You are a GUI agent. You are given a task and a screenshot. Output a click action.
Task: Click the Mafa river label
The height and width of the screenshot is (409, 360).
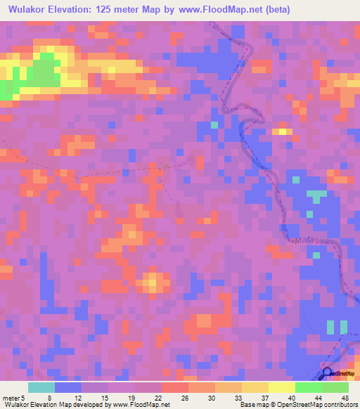(304, 241)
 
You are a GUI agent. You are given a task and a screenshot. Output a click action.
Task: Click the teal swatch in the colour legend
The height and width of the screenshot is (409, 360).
(41, 387)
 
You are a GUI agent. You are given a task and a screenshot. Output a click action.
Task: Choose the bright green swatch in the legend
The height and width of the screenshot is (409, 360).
(308, 387)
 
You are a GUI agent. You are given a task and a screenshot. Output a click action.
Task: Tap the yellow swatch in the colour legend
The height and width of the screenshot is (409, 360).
(255, 387)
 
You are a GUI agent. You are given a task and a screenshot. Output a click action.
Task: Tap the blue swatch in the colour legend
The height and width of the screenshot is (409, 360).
(67, 387)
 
